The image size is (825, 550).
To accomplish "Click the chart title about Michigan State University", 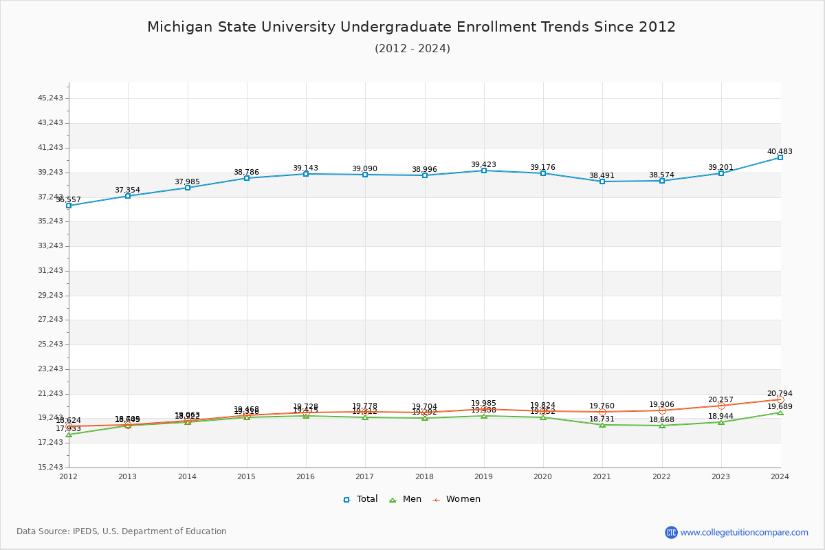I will (411, 27).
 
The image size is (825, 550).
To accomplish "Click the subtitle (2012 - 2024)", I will (412, 48).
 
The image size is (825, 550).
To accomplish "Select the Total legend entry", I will (360, 499).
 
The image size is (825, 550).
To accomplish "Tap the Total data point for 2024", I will (780, 157).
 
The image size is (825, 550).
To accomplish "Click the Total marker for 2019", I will (484, 170).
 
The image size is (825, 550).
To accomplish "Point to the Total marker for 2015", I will (247, 178).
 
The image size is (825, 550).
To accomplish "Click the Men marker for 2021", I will (602, 425).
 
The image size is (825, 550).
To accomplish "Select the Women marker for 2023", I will (721, 406).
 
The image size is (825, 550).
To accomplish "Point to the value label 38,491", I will (602, 175).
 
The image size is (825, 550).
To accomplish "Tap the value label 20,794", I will (780, 393).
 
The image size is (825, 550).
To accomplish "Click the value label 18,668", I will (661, 419).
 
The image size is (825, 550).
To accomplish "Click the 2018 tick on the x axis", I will (424, 476).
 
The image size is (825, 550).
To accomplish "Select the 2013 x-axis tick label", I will (128, 476).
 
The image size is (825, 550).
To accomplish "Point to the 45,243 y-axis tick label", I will (51, 98).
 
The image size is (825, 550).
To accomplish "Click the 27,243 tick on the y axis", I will (51, 319).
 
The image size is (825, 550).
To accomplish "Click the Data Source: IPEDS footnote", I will (122, 531).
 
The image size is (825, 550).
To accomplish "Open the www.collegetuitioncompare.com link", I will (744, 532).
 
